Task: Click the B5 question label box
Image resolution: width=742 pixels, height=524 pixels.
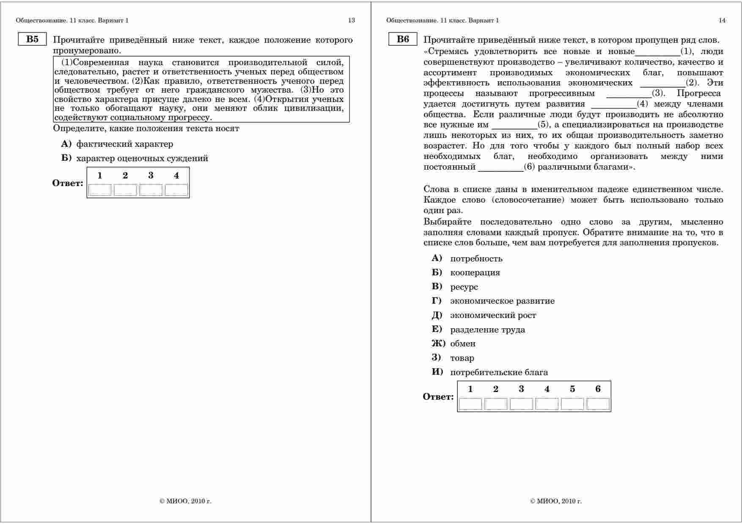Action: coord(32,39)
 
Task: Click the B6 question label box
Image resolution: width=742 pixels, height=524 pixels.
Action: coord(403,39)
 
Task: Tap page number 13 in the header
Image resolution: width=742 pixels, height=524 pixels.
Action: coord(352,20)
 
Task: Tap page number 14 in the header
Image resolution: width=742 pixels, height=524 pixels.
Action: coord(722,20)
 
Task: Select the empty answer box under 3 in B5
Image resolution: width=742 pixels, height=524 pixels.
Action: coord(151,190)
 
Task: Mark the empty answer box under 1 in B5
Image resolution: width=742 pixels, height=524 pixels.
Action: coord(100,190)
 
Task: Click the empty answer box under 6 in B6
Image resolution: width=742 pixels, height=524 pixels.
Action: coord(598,404)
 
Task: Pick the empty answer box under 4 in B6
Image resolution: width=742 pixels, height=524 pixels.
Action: coord(547,404)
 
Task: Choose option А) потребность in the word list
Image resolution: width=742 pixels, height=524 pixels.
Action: coord(476,258)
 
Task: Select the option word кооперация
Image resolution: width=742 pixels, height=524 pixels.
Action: coord(475,273)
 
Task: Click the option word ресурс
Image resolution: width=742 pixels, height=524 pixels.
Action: coord(464,287)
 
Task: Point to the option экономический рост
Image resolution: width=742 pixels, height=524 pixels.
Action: coord(493,315)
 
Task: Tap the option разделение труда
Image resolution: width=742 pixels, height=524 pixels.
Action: coord(487,330)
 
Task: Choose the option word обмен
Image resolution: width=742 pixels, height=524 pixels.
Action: coord(463,344)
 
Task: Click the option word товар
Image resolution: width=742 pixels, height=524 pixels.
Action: coord(462,358)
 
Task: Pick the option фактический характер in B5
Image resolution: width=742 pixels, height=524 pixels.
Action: coord(124,144)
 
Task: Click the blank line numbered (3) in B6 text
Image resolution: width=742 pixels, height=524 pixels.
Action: coord(629,94)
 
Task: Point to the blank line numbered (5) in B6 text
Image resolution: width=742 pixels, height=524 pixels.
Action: coord(514,125)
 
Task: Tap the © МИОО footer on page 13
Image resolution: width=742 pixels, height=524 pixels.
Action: coord(185,501)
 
